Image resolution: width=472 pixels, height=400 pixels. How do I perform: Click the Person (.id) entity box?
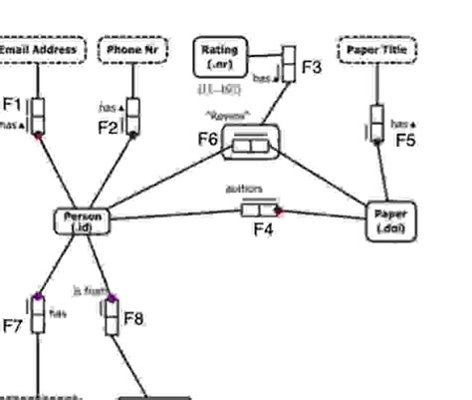82,221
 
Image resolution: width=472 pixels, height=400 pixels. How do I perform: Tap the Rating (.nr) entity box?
218,56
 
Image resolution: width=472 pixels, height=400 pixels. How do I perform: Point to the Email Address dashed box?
42,49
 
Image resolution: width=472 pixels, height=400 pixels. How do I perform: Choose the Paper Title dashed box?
377,49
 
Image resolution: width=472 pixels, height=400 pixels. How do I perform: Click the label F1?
12,104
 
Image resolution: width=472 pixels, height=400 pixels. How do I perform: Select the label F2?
109,127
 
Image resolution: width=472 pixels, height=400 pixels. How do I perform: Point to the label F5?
405,141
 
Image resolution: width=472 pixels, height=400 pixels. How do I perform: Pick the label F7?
13,325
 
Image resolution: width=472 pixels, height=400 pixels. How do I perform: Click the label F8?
133,319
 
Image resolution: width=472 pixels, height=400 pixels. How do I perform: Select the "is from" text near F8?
88,291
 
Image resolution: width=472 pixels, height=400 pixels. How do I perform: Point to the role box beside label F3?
288,63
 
